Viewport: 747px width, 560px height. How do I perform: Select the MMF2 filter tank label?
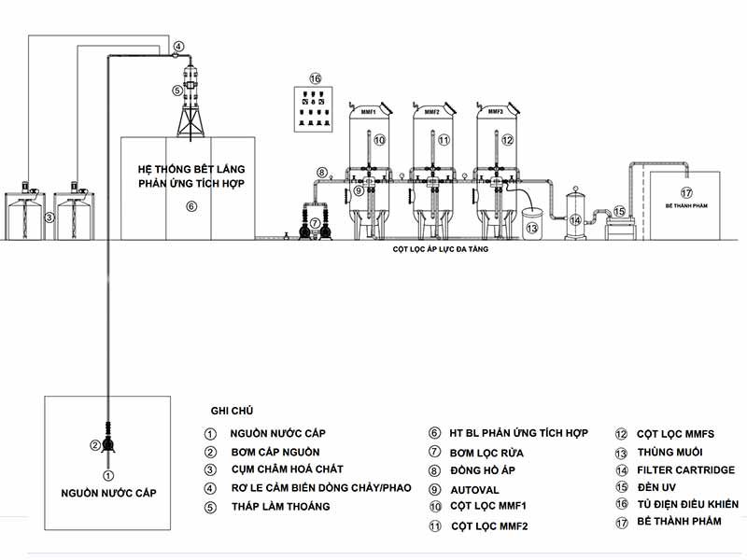click(431, 112)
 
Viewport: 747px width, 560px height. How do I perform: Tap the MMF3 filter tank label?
click(495, 112)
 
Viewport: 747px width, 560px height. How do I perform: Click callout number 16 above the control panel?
click(315, 78)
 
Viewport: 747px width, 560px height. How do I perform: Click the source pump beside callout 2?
click(109, 445)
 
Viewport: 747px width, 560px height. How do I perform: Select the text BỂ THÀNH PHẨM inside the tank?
click(686, 203)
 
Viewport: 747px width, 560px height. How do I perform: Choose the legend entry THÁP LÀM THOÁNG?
click(280, 507)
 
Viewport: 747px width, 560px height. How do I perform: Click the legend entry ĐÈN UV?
click(658, 487)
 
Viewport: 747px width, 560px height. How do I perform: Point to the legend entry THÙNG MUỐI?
click(669, 452)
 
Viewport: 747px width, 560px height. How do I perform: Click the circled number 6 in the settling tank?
click(190, 206)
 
